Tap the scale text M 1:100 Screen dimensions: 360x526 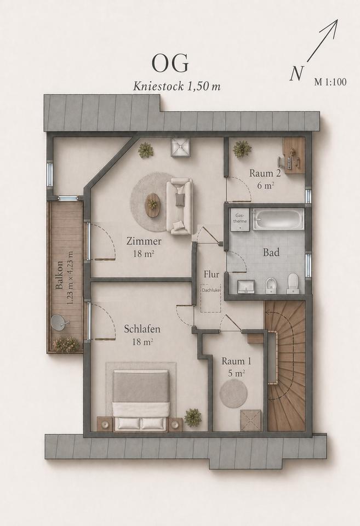point(330,82)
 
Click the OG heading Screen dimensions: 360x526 point(170,63)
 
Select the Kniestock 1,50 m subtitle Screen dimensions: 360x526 point(177,87)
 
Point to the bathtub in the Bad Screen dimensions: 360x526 point(278,219)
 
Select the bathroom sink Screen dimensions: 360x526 point(246,287)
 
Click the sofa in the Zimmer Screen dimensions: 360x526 point(180,207)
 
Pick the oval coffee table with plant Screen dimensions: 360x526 point(153,205)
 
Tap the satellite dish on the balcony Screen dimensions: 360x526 point(60,323)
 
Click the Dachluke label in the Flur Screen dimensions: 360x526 point(211,290)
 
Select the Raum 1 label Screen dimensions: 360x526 point(236,361)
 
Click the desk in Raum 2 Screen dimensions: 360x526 point(294,156)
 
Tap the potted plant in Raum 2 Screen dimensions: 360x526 point(242,149)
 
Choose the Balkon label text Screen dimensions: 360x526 point(59,275)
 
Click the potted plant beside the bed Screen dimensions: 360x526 point(193,418)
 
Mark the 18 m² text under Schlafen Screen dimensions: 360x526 point(142,342)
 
